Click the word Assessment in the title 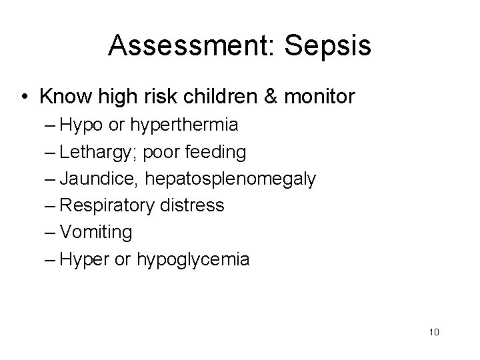(185, 45)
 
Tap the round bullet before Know (25, 98)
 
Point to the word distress (191, 206)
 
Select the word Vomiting (95, 233)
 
